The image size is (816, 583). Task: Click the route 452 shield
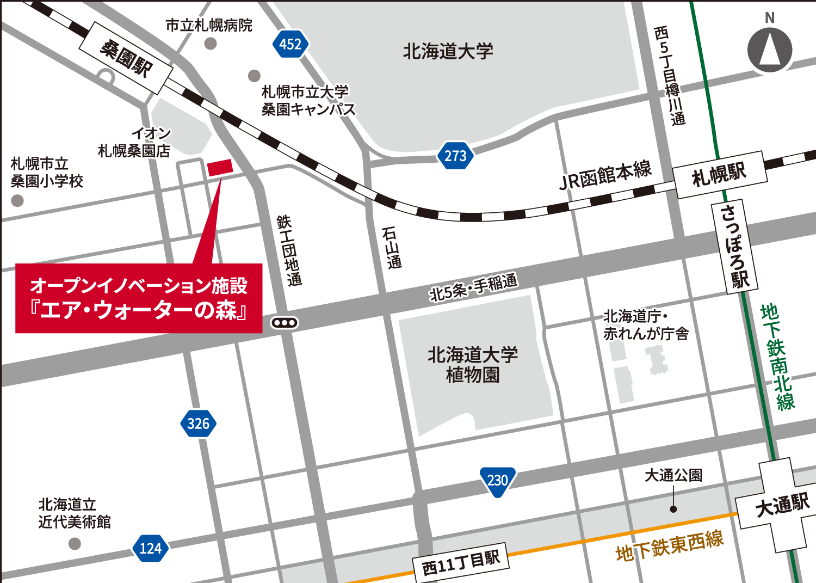[x=290, y=44]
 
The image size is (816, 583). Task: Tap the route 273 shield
[x=455, y=156]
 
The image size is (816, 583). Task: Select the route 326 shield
[x=198, y=424]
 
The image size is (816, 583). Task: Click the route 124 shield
[x=150, y=548]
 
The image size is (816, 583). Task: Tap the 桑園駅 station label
[x=126, y=58]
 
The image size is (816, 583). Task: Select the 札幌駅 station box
[x=720, y=175]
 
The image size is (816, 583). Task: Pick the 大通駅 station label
[x=782, y=505]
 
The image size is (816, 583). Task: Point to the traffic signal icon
[x=285, y=323]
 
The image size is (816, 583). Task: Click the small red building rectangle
[x=220, y=168]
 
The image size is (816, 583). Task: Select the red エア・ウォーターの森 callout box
[x=139, y=298]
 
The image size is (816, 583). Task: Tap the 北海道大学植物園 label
[x=472, y=365]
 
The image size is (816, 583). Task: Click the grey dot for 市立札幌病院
[x=211, y=44]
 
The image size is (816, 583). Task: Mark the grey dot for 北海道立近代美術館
[x=75, y=543]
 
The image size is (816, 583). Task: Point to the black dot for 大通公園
[x=673, y=509]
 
